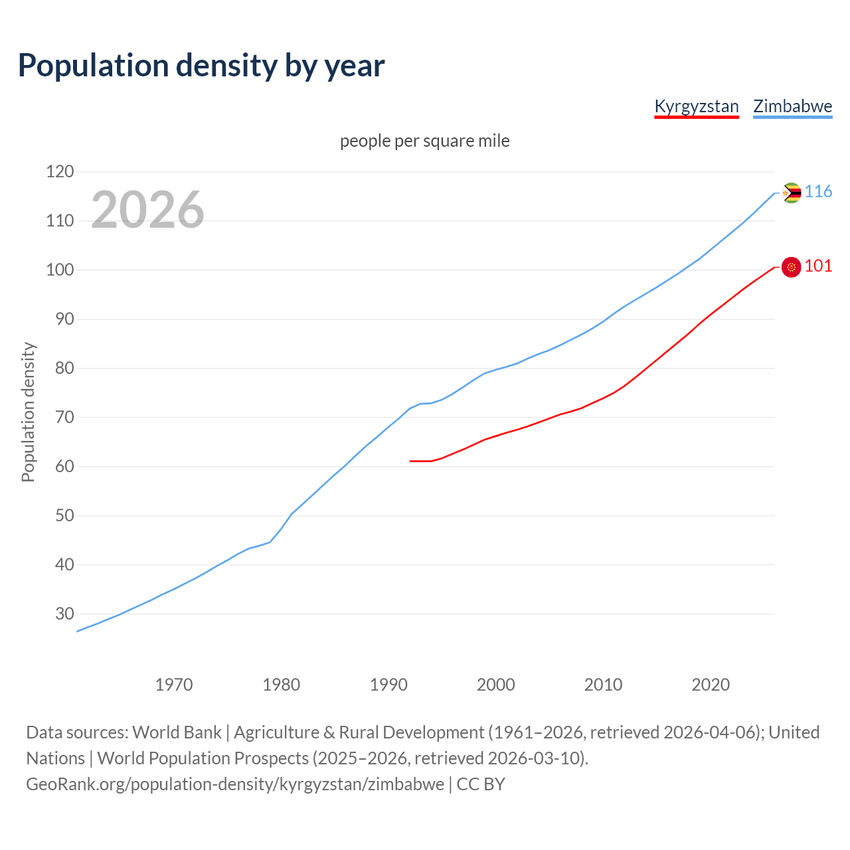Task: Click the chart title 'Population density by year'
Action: point(201,65)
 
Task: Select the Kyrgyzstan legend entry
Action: point(696,106)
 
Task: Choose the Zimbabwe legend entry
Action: point(792,106)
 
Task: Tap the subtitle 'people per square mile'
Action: point(424,141)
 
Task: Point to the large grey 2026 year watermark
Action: point(147,210)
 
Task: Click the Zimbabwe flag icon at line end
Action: point(791,193)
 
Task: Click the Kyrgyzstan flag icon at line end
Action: point(791,267)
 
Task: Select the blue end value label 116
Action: point(818,192)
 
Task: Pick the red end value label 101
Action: point(818,266)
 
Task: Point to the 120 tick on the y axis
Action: point(60,172)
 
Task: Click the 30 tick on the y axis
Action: point(64,614)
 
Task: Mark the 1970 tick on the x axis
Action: point(174,685)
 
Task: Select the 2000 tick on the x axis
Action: point(496,685)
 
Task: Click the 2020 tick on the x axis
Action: point(711,685)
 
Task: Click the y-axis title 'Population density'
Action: point(28,412)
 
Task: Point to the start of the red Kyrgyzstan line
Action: point(411,461)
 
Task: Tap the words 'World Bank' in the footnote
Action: point(177,732)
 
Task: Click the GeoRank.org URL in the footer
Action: point(235,784)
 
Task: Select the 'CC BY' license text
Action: point(481,784)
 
